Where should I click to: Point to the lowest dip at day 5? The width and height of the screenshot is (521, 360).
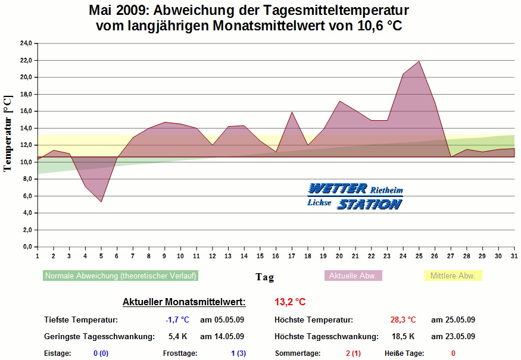coord(101,202)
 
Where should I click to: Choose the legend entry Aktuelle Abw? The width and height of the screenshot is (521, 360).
coord(353,276)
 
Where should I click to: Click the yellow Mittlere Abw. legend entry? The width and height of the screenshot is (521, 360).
coord(453,276)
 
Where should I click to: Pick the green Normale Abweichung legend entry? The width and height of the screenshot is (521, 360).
coord(120,276)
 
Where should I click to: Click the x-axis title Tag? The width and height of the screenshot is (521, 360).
coord(265,277)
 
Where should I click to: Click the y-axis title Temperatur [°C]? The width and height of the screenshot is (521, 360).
coord(8,133)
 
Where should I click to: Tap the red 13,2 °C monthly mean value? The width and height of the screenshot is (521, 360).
coord(291,302)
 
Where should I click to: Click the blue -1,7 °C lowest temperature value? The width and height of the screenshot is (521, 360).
coord(177,320)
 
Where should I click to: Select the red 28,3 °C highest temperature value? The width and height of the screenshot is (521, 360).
coord(403,320)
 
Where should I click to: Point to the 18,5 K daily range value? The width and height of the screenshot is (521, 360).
coord(403,337)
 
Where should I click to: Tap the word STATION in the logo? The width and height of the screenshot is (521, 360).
coord(369,204)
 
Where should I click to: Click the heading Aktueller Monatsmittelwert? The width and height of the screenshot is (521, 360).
coord(184,302)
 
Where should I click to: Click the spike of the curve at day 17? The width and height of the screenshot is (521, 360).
coord(292,112)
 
